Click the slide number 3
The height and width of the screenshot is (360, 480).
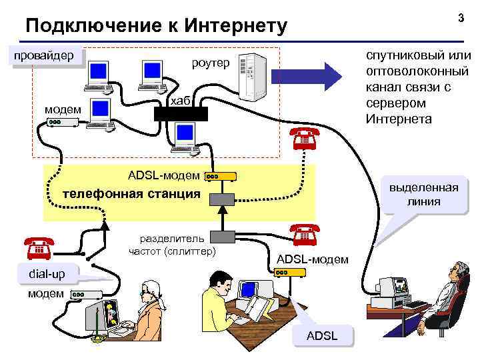click(x=461, y=17)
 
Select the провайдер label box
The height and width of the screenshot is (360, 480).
click(x=45, y=56)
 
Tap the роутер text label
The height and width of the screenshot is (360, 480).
click(x=210, y=63)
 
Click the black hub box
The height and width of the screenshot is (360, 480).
click(x=181, y=113)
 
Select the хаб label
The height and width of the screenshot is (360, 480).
click(x=180, y=100)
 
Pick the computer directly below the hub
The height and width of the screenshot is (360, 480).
click(x=183, y=139)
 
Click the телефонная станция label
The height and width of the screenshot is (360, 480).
click(x=131, y=194)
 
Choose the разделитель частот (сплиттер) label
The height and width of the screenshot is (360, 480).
click(x=173, y=245)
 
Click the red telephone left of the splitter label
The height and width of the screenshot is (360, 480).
click(x=39, y=248)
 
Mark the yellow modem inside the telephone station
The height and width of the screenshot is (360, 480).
click(x=220, y=177)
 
